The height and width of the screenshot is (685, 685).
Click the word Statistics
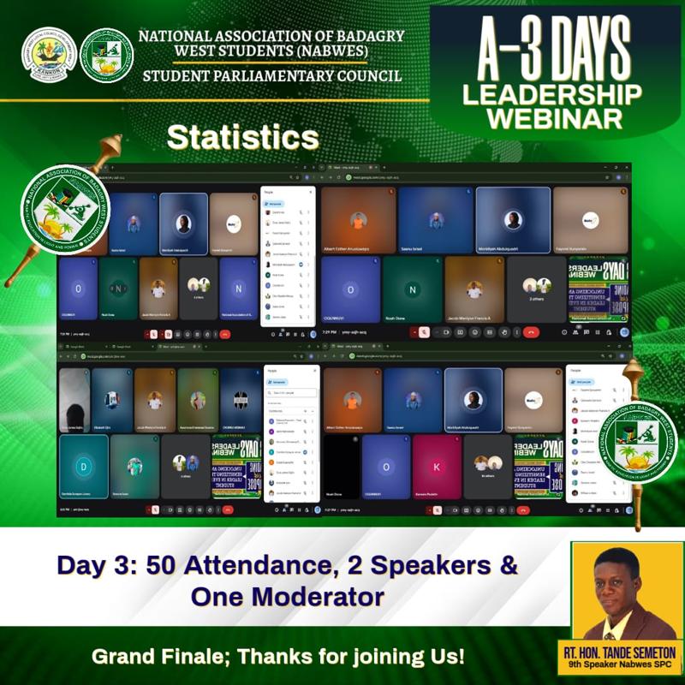pyautogui.click(x=242, y=138)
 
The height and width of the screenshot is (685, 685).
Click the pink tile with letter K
pyautogui.click(x=437, y=467)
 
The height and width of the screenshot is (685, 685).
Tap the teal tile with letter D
pyautogui.click(x=83, y=467)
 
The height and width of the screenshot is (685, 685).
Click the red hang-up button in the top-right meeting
pyautogui.click(x=531, y=332)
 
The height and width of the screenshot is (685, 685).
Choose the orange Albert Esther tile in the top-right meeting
pyautogui.click(x=359, y=221)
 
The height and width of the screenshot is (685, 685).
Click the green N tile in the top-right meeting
pyautogui.click(x=413, y=289)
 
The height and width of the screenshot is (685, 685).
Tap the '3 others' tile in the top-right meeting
pyautogui.click(x=537, y=289)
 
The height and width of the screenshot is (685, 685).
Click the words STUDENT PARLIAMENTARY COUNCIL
pyautogui.click(x=271, y=76)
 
